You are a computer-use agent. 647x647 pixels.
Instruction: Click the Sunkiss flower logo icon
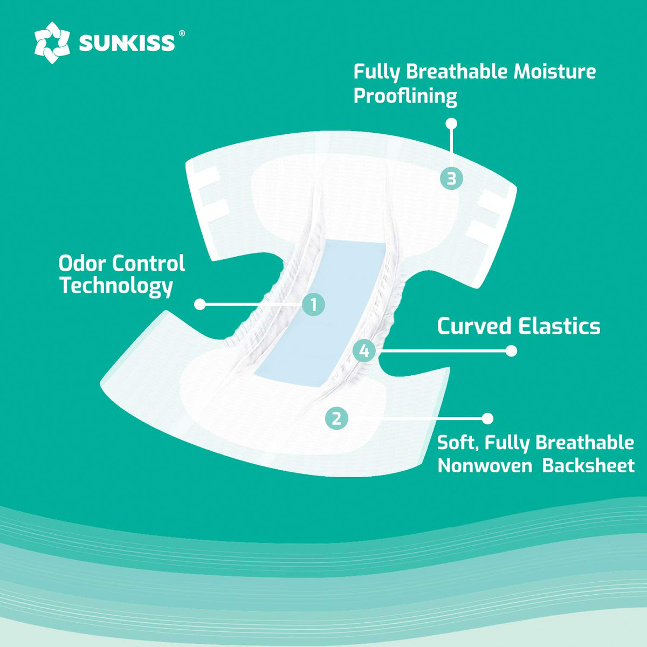point(52,43)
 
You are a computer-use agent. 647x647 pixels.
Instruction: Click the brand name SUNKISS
point(127,43)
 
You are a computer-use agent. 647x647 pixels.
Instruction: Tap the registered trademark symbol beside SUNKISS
point(182,33)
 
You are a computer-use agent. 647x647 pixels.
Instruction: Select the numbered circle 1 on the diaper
point(313,305)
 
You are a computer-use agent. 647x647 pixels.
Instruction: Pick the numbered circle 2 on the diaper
point(336,418)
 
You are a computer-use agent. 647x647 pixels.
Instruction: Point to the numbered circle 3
point(452,178)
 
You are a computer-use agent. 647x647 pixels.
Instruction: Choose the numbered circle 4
point(364,351)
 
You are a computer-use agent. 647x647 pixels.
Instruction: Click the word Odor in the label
point(82,263)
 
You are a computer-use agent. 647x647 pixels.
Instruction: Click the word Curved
point(474,326)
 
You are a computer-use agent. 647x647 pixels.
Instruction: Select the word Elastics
point(559,326)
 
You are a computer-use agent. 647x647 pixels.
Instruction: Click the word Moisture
point(555,71)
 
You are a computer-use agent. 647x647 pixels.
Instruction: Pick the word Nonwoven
point(485,466)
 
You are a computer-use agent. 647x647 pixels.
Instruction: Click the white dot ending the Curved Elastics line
point(511,351)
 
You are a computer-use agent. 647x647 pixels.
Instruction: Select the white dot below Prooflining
point(451,123)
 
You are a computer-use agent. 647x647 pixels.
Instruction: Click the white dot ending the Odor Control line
point(200,305)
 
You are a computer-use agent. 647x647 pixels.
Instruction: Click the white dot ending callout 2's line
point(487,418)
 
